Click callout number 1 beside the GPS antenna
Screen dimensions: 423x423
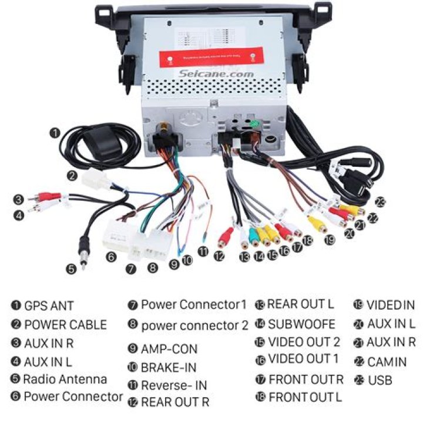point(55,133)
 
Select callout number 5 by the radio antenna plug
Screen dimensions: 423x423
point(71,269)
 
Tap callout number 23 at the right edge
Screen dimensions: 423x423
point(381,203)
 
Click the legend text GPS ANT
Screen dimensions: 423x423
point(49,305)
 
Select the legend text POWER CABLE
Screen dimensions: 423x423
point(65,324)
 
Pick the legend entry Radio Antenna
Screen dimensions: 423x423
point(65,379)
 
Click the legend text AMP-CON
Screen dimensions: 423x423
point(169,349)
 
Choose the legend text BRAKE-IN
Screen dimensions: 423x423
point(169,368)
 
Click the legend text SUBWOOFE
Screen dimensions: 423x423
point(301,323)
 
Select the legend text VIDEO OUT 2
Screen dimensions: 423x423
point(304,341)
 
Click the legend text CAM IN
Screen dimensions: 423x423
point(387,361)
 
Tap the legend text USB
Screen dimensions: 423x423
point(380,380)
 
